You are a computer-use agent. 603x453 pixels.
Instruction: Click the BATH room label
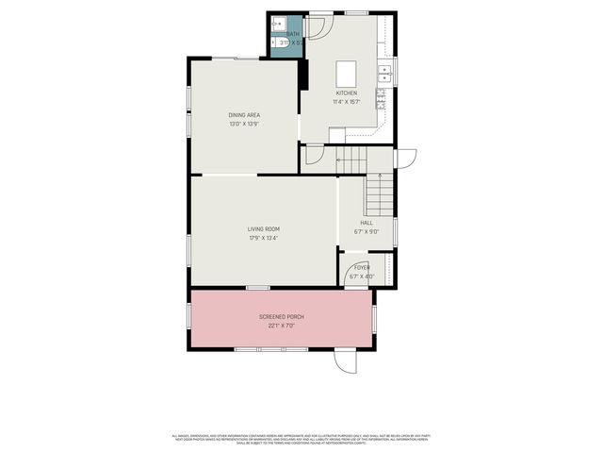(293, 34)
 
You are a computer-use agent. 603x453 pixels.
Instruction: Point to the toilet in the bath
(279, 44)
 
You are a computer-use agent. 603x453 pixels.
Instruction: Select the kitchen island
(346, 73)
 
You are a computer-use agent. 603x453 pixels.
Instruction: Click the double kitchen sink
(384, 72)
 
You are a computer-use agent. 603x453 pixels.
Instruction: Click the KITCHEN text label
(347, 93)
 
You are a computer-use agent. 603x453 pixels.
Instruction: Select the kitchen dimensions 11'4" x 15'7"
(347, 102)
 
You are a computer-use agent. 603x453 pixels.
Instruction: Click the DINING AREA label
(243, 115)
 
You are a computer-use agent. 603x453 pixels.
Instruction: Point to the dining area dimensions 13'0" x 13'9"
(243, 124)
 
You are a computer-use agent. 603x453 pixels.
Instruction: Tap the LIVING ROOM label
(264, 229)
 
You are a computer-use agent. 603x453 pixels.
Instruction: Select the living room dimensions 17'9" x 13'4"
(264, 238)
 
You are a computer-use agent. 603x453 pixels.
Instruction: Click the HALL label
(367, 224)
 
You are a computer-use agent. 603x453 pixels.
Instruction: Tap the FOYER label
(362, 268)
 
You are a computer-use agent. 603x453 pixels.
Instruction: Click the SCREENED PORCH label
(281, 317)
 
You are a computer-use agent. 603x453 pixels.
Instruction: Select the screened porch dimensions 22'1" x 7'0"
(281, 326)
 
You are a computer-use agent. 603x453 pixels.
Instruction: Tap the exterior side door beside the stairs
(405, 159)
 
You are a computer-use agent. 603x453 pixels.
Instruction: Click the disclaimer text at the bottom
(301, 439)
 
